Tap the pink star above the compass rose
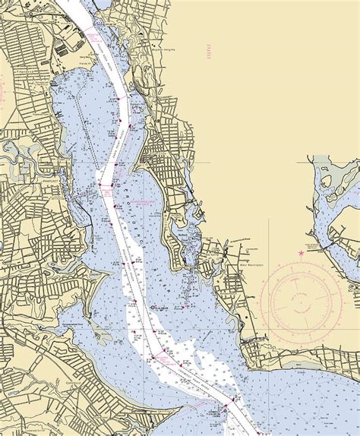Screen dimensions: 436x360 (x=301, y=252)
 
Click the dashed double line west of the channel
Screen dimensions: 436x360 (x=95, y=152)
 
